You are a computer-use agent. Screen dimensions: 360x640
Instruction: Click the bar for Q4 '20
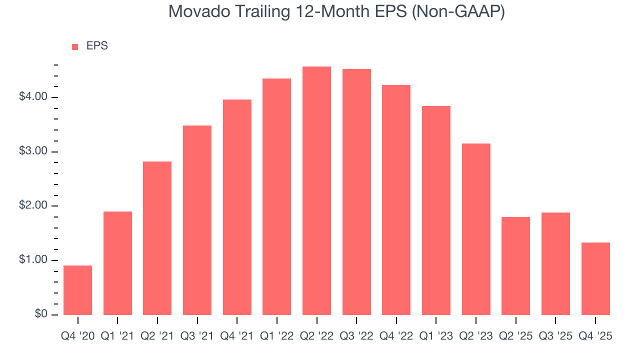tap(78, 290)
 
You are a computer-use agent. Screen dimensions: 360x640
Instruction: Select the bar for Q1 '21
tap(117, 263)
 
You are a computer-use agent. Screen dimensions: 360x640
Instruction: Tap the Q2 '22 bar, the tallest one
tap(316, 190)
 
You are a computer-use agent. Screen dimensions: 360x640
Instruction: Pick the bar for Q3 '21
tap(197, 220)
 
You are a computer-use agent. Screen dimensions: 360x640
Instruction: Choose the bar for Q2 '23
tap(476, 229)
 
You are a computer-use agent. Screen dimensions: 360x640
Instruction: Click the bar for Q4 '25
tap(595, 278)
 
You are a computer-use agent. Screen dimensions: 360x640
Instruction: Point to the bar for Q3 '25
tap(555, 263)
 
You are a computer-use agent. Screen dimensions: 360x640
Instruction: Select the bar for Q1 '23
tap(436, 210)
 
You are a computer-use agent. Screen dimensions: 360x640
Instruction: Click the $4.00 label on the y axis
tap(33, 97)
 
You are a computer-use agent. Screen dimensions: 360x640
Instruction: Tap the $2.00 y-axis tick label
tap(33, 206)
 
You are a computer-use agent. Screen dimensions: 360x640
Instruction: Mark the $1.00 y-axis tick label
tap(33, 260)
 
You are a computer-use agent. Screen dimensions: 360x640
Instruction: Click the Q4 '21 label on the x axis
tap(237, 336)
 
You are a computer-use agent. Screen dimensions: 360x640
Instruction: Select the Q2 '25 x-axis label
tap(515, 336)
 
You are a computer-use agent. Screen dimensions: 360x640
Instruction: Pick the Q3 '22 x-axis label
tap(356, 336)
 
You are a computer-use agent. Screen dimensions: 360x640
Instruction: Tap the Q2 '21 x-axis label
tap(157, 336)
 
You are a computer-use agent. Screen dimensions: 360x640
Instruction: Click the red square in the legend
tap(75, 47)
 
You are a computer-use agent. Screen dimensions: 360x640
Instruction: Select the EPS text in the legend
tap(97, 46)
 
